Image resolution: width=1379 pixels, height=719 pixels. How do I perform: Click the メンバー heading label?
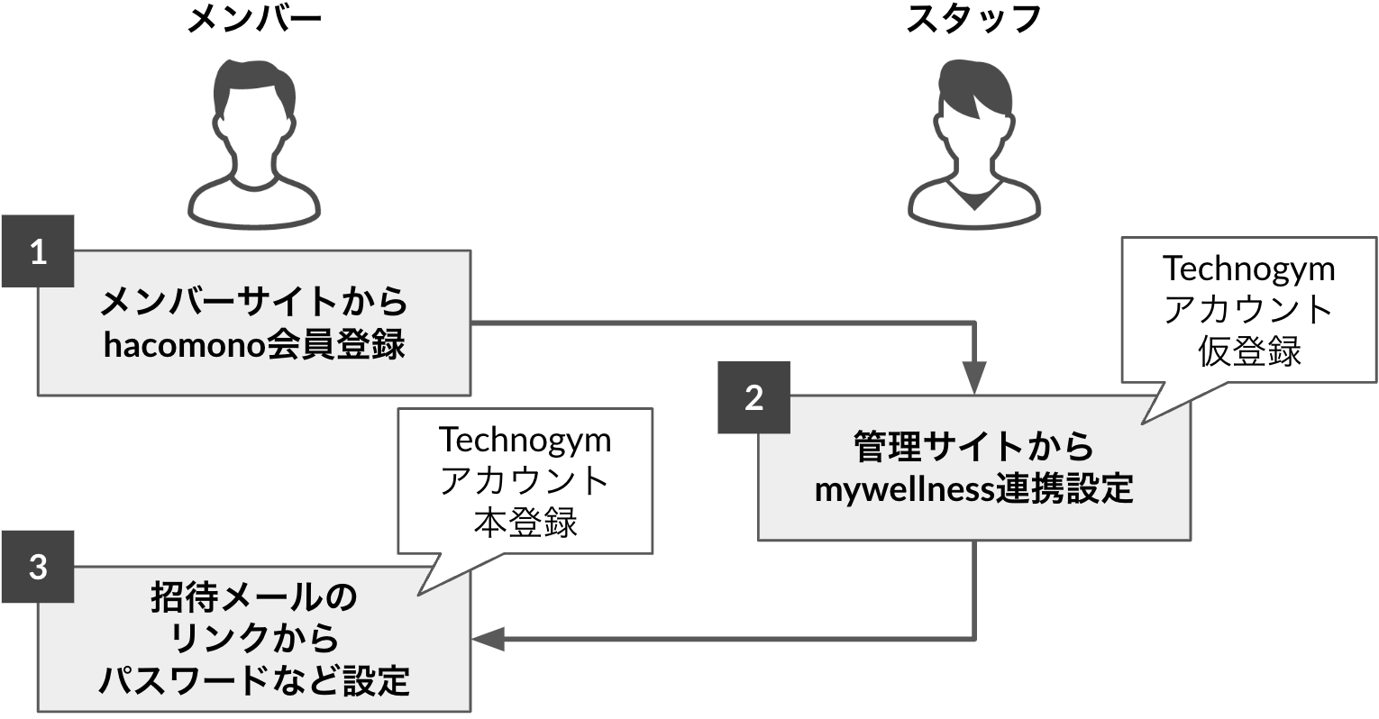(x=253, y=19)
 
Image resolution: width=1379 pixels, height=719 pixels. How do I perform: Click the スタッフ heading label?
(x=973, y=19)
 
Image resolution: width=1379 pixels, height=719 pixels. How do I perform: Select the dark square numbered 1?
(x=38, y=251)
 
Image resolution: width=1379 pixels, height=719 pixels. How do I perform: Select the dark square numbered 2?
(x=753, y=397)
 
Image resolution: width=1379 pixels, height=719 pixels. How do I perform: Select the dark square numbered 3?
(x=38, y=568)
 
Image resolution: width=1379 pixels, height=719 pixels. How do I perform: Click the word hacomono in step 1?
(x=185, y=346)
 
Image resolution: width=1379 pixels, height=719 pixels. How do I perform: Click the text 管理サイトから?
(x=973, y=447)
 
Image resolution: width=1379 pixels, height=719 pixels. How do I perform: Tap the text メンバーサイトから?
(x=253, y=302)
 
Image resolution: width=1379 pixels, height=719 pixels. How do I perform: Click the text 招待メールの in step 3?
(x=254, y=596)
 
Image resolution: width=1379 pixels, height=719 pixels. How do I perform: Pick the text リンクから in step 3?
(x=254, y=639)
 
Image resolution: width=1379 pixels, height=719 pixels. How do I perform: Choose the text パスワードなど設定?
(x=254, y=681)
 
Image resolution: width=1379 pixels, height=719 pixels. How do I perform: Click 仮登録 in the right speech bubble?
(x=1248, y=351)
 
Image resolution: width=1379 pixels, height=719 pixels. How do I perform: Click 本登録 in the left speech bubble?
(x=525, y=523)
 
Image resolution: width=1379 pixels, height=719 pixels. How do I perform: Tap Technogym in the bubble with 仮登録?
(x=1248, y=268)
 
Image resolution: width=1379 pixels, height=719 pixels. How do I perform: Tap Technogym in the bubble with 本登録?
(x=525, y=440)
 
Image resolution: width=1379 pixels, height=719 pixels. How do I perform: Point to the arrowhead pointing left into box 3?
(x=487, y=639)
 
